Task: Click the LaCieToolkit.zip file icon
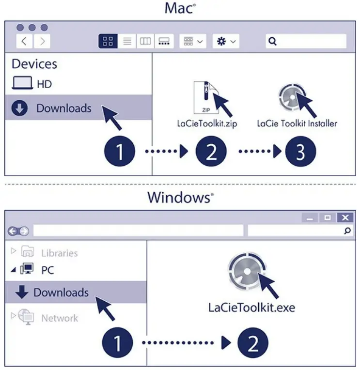pyautogui.click(x=203, y=97)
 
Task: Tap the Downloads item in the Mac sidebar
pyautogui.click(x=63, y=108)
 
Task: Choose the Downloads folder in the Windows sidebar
pyautogui.click(x=61, y=293)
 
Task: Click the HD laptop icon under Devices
pyautogui.click(x=22, y=84)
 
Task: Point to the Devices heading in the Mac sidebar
pyautogui.click(x=34, y=64)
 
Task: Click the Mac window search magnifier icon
pyautogui.click(x=272, y=41)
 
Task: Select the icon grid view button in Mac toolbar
pyautogui.click(x=108, y=41)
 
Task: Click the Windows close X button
pyautogui.click(x=344, y=218)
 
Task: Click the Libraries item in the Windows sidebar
pyautogui.click(x=59, y=253)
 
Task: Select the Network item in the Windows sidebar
pyautogui.click(x=59, y=318)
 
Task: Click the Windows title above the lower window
pyautogui.click(x=180, y=198)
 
